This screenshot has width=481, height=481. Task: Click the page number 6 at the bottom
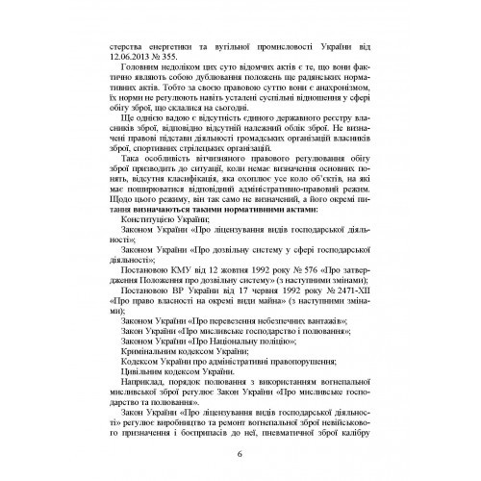point(240,456)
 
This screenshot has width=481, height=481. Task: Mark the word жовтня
point(247,289)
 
